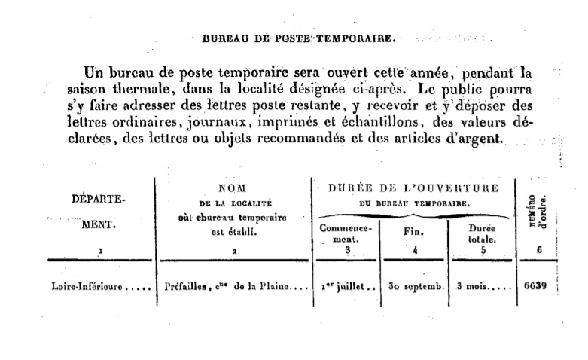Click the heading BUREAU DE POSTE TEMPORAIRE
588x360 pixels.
[x=298, y=36]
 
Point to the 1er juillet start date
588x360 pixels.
[x=346, y=286]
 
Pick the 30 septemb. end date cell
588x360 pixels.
[x=414, y=286]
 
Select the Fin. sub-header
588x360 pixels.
[x=415, y=231]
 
